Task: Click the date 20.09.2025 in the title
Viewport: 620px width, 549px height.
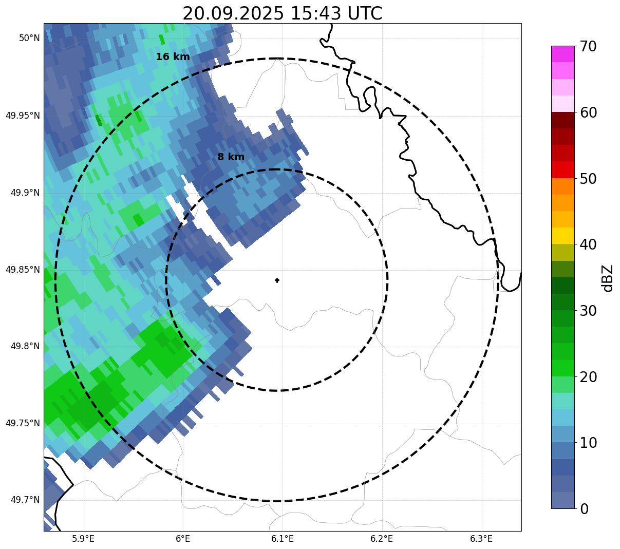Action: [233, 14]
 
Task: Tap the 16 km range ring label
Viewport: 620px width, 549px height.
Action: [173, 57]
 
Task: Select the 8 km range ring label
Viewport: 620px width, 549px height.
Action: [231, 157]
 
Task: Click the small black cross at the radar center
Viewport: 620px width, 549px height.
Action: [277, 280]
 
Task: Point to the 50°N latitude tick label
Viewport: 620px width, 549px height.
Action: [29, 38]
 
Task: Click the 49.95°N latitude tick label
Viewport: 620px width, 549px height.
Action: [23, 115]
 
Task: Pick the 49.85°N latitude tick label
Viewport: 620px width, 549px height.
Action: [23, 269]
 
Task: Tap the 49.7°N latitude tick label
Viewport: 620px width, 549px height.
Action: [25, 500]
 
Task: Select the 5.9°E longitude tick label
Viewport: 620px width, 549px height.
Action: [83, 539]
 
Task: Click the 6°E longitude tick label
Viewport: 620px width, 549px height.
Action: [183, 539]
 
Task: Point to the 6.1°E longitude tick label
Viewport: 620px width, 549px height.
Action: [283, 539]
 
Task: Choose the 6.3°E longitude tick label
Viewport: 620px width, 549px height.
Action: [481, 539]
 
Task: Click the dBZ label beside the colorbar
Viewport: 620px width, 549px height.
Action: [608, 278]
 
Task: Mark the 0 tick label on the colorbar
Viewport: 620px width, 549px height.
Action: [584, 509]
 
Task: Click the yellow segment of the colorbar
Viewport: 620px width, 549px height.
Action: [562, 236]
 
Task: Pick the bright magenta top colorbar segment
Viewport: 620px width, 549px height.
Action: [562, 54]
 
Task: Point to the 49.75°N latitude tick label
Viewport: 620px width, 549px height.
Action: [23, 423]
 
